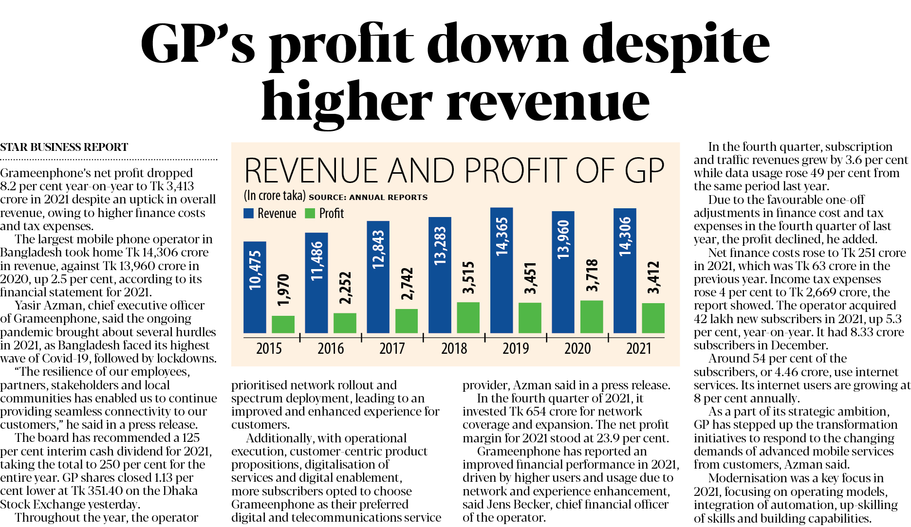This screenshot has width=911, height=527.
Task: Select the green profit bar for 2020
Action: [x=592, y=317]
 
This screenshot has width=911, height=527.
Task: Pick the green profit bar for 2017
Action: [x=407, y=321]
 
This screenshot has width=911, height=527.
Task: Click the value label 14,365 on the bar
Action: [x=502, y=236]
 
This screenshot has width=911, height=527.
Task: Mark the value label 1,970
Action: [x=283, y=290]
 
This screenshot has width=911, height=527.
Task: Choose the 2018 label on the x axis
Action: [x=454, y=348]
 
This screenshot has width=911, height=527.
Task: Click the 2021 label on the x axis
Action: [x=638, y=348]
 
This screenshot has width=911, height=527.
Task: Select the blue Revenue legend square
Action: [x=248, y=213]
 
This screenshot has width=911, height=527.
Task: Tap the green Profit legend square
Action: [x=310, y=213]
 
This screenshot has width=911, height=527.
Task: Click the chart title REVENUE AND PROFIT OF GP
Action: [x=454, y=171]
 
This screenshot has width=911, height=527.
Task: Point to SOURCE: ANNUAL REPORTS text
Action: [x=368, y=197]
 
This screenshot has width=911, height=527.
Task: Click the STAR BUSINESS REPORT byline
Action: [x=64, y=147]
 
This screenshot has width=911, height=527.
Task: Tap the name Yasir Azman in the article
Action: [x=43, y=306]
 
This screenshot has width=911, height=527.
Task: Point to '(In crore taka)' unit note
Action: [x=275, y=196]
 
